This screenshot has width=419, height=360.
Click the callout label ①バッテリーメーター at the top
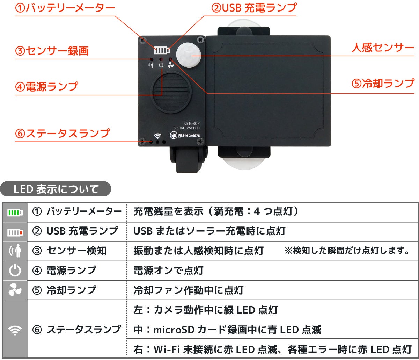coord(65,8)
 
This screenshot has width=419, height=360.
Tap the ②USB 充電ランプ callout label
coord(254,8)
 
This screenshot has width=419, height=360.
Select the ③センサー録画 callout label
coord(52,51)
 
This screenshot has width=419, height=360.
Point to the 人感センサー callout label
coord(383,48)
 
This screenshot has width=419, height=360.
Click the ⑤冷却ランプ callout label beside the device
coord(383,84)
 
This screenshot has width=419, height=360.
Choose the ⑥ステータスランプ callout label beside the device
coord(63,133)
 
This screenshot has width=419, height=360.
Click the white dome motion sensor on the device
coord(189,55)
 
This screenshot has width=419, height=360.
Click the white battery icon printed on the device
coord(162,50)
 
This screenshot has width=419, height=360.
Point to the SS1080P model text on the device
coord(192,123)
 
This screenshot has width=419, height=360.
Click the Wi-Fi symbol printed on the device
coord(157,136)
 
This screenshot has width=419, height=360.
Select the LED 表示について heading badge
coord(56,189)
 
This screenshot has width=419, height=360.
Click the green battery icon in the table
coord(15,213)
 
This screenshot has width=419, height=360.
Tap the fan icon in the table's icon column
coord(15,290)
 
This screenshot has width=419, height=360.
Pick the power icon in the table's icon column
coord(15,271)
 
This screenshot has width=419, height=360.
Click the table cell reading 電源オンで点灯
coord(168,271)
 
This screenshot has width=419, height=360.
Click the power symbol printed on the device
coord(161,65)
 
